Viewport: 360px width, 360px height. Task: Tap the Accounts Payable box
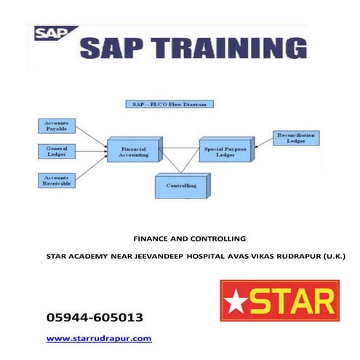pos(56,126)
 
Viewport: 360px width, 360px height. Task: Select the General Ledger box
pos(56,151)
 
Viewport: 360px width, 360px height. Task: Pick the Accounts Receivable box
pos(56,180)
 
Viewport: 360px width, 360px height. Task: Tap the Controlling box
pos(181,185)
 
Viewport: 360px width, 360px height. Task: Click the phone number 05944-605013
pos(95,318)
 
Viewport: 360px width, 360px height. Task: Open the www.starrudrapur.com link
pos(99,339)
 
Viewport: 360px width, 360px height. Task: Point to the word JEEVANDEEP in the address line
pos(153,256)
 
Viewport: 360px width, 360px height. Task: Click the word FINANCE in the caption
pos(150,238)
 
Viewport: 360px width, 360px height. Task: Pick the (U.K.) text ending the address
pos(333,256)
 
